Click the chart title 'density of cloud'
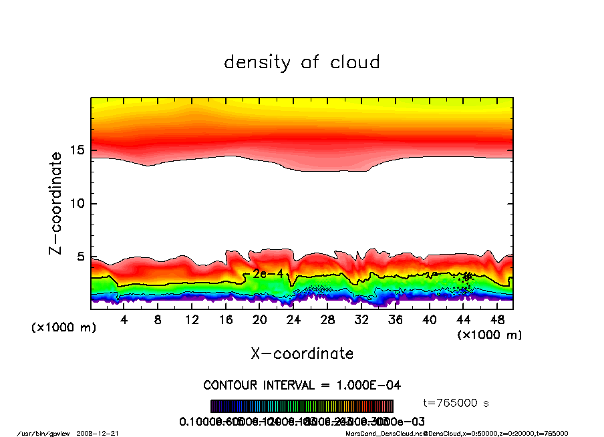pos(301,63)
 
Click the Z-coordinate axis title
pos(56,203)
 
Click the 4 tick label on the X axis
pos(124,320)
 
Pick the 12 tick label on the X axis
pos(192,320)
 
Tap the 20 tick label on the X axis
pos(259,320)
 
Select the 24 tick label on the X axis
pos(293,320)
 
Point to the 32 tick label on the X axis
pos(361,320)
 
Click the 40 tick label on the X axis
pos(429,320)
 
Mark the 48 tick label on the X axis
pos(496,320)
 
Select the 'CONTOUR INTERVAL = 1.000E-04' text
pos(301,386)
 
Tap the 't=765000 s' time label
pos(457,403)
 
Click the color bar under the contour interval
pos(302,406)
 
